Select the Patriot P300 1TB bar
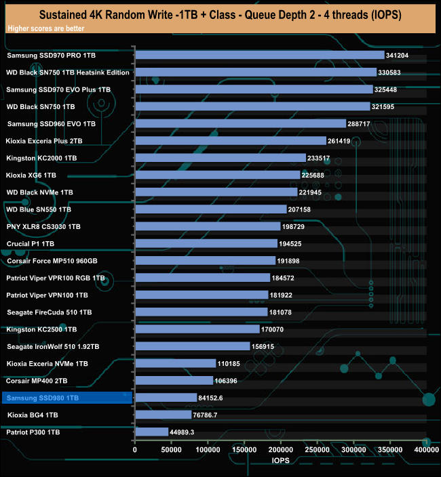[x=151, y=432]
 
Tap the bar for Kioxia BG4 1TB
[x=163, y=415]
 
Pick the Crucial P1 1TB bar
[x=206, y=243]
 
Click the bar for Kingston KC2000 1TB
[x=220, y=158]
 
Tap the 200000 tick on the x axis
[x=281, y=449]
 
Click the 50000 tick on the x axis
[x=172, y=449]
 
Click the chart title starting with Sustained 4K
[x=220, y=14]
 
